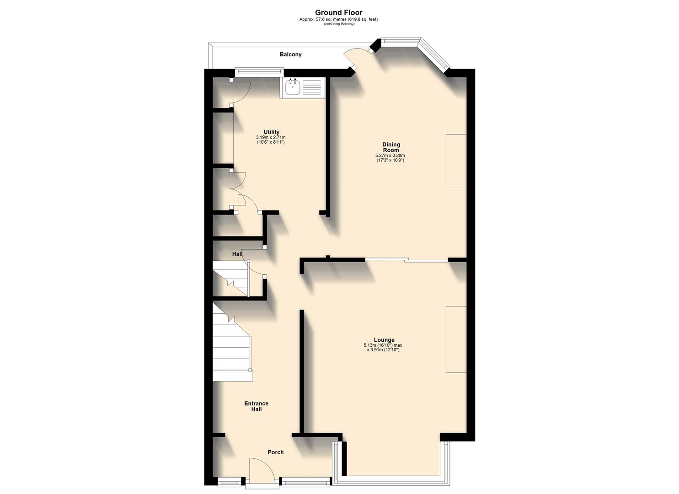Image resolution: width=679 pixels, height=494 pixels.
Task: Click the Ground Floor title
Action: (339, 13)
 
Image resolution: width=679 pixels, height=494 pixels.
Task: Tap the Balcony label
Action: (291, 54)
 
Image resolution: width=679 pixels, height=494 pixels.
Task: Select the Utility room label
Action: (271, 132)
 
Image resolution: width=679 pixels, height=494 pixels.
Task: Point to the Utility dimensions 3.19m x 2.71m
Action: (271, 137)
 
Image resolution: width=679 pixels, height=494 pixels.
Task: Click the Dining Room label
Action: (391, 147)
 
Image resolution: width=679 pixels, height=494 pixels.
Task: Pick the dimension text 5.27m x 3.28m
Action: (390, 156)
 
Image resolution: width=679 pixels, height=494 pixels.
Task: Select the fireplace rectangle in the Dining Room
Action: (456, 162)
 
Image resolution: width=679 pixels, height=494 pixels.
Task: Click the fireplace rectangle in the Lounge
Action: (456, 339)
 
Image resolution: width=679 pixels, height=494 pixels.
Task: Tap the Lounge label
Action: (384, 340)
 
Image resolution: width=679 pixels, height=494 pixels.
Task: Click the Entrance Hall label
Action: (256, 406)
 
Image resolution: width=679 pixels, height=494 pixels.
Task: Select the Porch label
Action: (275, 452)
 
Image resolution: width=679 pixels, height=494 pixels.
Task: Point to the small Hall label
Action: (237, 254)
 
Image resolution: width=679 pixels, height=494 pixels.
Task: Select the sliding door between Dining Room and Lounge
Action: (406, 260)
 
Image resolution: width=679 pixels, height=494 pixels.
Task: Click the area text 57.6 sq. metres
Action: (338, 19)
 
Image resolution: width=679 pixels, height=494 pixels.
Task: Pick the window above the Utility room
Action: (259, 71)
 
